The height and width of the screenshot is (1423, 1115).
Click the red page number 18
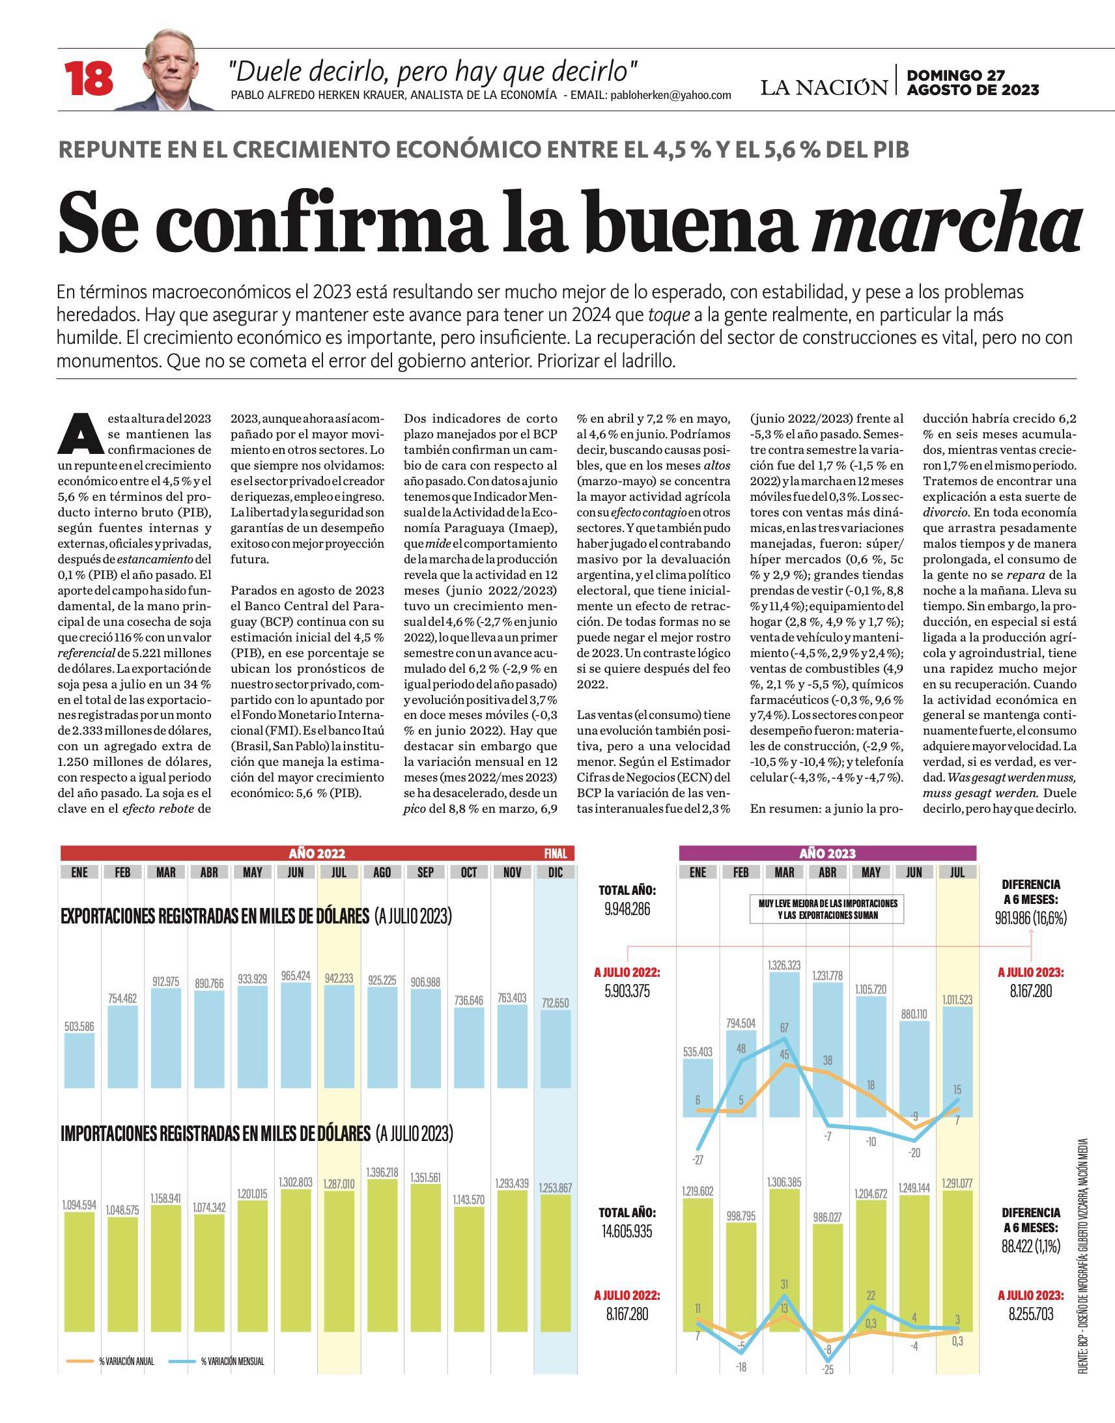88,79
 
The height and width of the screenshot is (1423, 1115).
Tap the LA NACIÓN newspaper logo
824,87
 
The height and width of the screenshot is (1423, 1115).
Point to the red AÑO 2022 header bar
317,853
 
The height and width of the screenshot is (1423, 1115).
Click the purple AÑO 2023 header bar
827,853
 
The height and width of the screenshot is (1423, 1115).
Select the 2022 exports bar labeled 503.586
79,1061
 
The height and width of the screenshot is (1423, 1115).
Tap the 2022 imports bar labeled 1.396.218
382,1256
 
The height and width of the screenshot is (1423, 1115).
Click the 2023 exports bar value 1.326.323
784,965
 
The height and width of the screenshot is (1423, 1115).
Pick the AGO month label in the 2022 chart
382,872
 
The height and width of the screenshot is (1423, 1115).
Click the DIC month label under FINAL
556,872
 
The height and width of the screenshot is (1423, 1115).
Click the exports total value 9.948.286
627,909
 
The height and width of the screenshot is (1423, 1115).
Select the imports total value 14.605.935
627,1232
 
